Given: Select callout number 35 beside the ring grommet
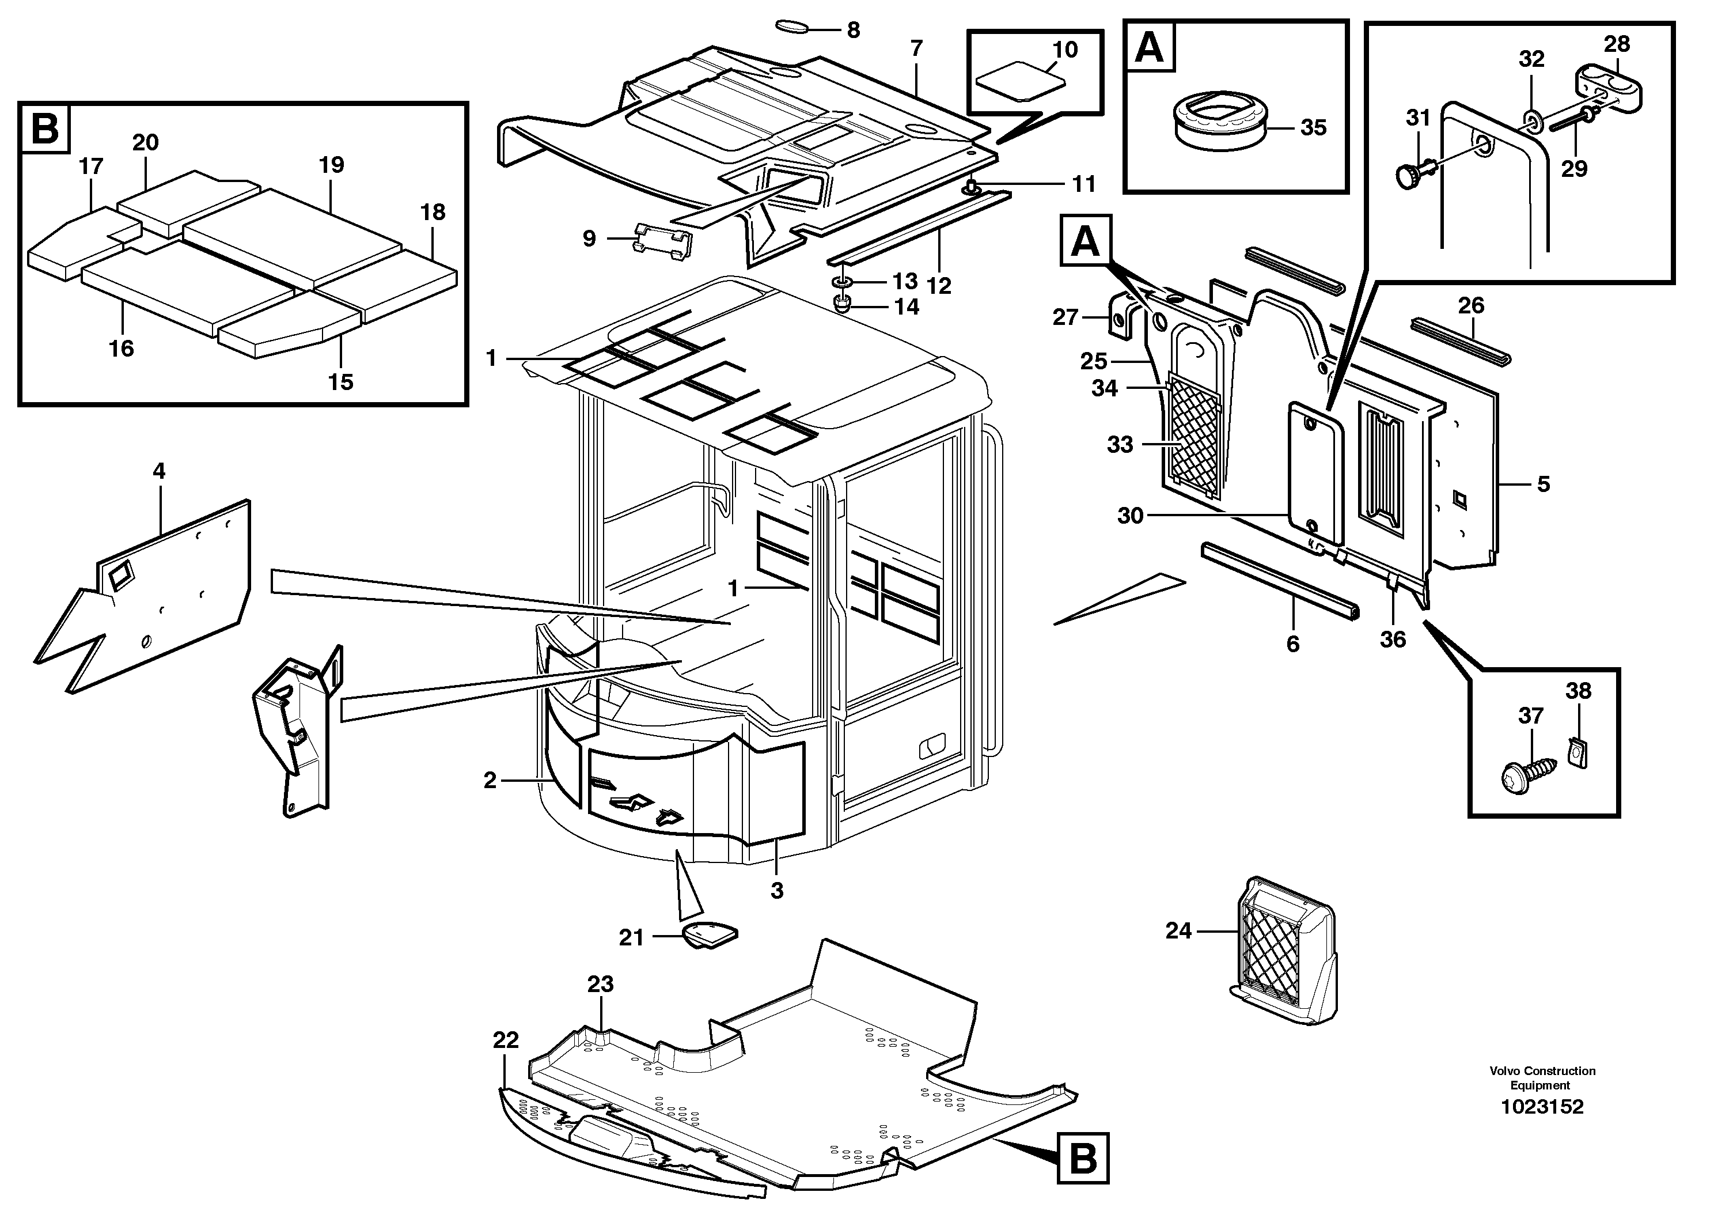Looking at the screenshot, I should (x=1313, y=128).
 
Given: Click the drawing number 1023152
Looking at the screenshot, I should (x=1542, y=1107).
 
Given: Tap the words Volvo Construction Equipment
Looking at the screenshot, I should (x=1542, y=1077).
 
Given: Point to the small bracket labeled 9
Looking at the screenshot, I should (x=663, y=241).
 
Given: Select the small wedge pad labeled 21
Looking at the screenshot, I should (x=709, y=935).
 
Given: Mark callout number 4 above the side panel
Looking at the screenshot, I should (x=158, y=471).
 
